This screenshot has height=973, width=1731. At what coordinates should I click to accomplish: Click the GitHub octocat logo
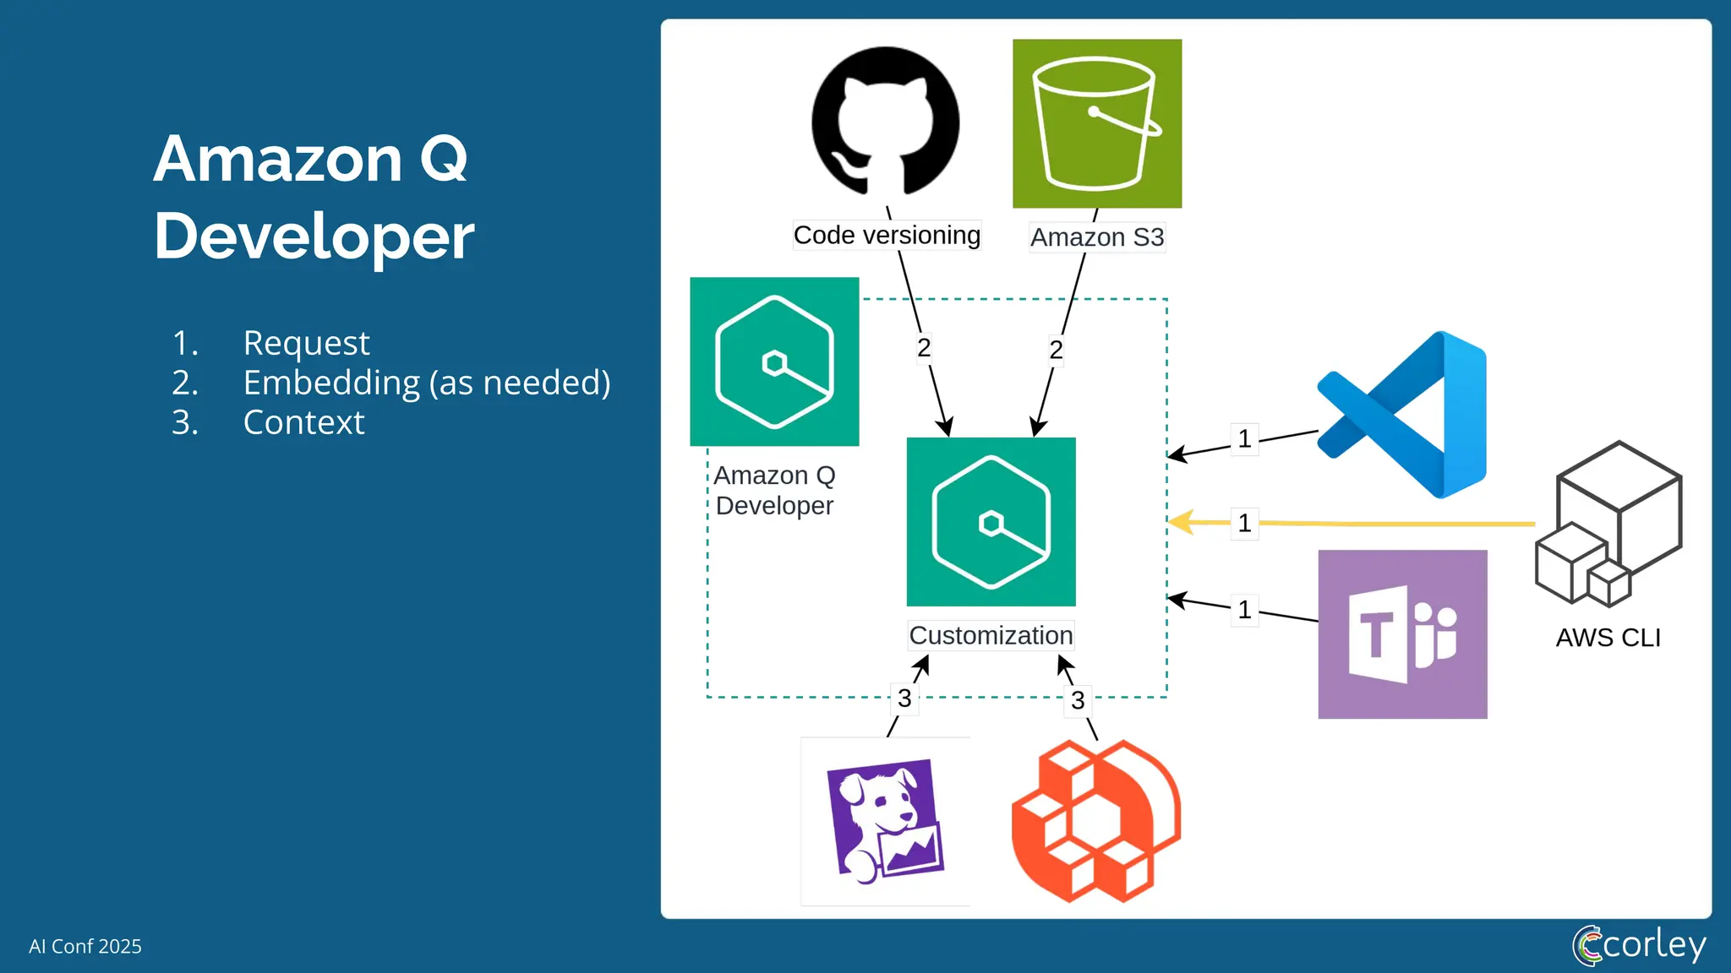tap(885, 121)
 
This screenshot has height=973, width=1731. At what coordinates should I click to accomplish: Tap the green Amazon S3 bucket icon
tap(1096, 123)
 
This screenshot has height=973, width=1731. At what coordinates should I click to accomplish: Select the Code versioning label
tap(887, 235)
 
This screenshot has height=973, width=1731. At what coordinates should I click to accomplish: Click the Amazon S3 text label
tap(1097, 237)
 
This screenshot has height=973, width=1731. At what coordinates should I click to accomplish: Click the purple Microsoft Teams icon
tap(1402, 634)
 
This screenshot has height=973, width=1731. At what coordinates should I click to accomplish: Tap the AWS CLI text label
tap(1608, 638)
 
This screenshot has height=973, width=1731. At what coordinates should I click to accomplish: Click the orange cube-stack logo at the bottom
tap(1095, 821)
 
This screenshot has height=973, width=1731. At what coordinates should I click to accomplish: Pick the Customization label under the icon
tap(991, 635)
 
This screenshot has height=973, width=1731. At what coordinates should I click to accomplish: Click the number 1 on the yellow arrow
tap(1244, 524)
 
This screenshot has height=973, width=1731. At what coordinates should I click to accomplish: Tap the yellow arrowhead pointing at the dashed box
tap(1182, 522)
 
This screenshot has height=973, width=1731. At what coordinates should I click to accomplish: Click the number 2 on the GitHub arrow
tap(924, 348)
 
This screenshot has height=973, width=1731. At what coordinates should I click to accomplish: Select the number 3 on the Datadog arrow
tap(904, 698)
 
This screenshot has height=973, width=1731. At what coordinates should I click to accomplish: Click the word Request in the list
tap(306, 343)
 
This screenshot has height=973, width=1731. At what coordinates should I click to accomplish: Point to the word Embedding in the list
tap(331, 383)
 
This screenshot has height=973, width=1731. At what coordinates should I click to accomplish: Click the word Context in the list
tap(303, 422)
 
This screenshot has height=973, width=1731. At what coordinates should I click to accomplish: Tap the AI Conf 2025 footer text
tap(85, 946)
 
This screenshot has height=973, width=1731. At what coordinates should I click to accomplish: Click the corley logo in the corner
tap(1639, 944)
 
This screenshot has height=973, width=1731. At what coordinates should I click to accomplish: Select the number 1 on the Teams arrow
tap(1244, 610)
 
